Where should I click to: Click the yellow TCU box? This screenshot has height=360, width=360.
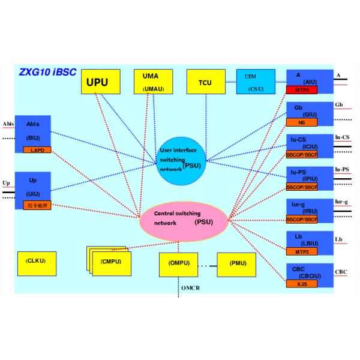(x=206, y=82)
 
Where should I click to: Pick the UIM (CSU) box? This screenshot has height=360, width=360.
(x=256, y=82)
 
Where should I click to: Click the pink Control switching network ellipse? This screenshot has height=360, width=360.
(x=184, y=218)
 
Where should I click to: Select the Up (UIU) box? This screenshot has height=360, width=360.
(x=33, y=186)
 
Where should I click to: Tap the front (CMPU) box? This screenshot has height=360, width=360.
(x=112, y=263)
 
